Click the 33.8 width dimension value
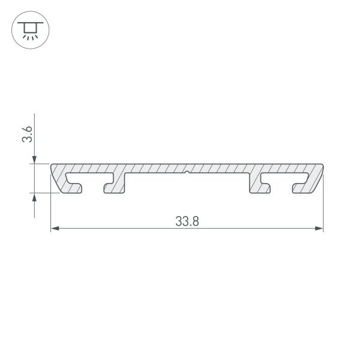click(187, 220)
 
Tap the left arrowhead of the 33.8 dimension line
click(54, 229)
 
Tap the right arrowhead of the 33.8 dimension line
click(319, 229)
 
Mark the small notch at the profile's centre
click(187, 173)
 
